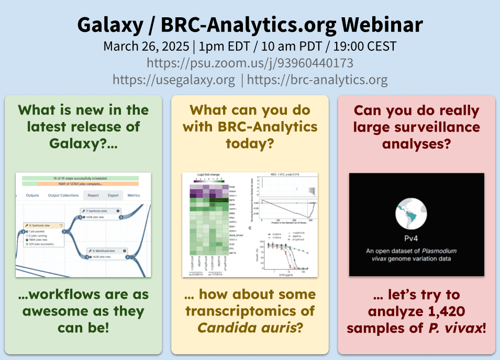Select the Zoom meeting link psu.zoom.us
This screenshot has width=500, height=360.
[x=250, y=63]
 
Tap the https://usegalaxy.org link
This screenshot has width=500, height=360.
[x=174, y=80]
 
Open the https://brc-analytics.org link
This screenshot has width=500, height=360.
[x=317, y=80]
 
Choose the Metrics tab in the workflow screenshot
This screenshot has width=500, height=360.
[x=134, y=195]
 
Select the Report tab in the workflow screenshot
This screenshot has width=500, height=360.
[x=93, y=195]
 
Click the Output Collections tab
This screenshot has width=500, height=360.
[x=63, y=195]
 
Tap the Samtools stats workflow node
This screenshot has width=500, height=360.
[x=99, y=211]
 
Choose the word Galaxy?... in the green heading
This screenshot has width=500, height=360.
[x=83, y=143]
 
